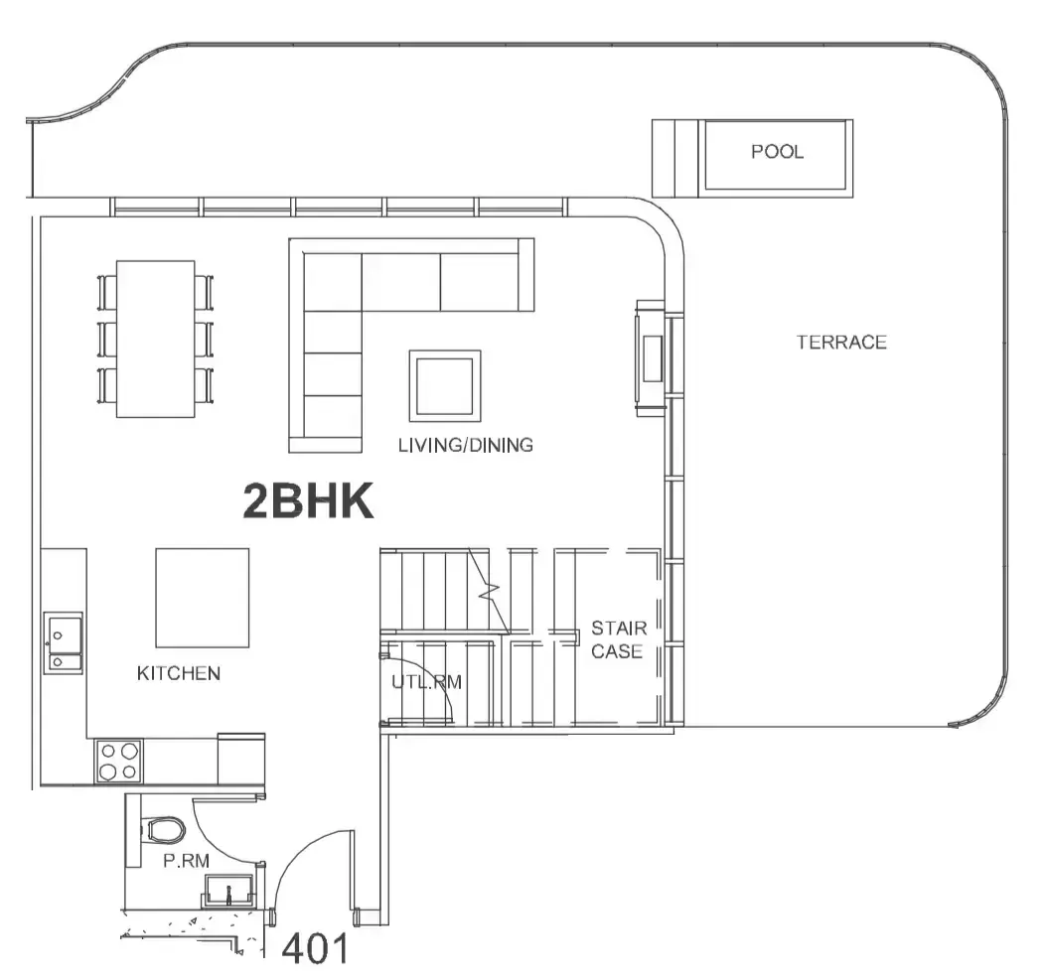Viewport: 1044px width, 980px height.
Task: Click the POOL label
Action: (777, 152)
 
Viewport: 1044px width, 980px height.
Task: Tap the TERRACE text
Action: (841, 343)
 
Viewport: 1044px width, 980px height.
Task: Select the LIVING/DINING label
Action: (466, 445)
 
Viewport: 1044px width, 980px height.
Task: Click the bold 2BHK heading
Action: (308, 501)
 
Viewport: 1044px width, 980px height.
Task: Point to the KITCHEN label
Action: (179, 673)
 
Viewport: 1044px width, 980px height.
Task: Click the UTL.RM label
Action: (427, 682)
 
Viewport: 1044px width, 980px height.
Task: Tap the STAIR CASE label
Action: (619, 639)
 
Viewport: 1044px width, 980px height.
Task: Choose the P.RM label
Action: (187, 861)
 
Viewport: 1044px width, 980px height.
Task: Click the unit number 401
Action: (315, 948)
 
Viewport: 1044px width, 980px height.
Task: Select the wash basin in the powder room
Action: (228, 891)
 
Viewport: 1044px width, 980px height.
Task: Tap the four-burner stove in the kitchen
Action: (119, 762)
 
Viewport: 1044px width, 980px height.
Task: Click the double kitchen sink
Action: (64, 642)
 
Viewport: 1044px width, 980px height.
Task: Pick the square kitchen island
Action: (203, 598)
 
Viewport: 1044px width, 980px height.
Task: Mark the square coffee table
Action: (445, 386)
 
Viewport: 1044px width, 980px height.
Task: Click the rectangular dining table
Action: (156, 340)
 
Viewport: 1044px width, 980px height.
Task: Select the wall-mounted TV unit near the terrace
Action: (652, 358)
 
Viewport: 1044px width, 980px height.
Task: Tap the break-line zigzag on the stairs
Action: (491, 590)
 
